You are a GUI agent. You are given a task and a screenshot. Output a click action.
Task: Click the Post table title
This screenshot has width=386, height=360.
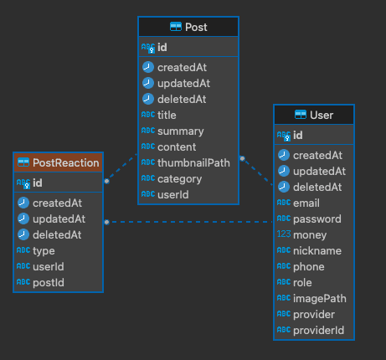pyautogui.click(x=196, y=28)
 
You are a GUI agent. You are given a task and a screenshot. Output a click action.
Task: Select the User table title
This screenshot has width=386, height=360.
pyautogui.click(x=322, y=116)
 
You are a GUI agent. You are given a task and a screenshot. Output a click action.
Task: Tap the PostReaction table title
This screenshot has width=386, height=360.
pyautogui.click(x=66, y=163)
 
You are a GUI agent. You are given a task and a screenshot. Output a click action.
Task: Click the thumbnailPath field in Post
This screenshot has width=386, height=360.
pyautogui.click(x=193, y=163)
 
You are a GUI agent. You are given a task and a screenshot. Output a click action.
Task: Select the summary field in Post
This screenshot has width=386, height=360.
pyautogui.click(x=181, y=131)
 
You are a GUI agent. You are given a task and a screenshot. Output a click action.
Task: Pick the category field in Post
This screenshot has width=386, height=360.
pyautogui.click(x=179, y=179)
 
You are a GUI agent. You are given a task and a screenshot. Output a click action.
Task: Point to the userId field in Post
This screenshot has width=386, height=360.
pyautogui.click(x=173, y=195)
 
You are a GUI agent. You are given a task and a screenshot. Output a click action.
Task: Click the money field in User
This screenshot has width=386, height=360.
pyautogui.click(x=310, y=235)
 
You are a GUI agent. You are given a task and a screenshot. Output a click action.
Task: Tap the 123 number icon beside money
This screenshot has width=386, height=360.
pyautogui.click(x=284, y=234)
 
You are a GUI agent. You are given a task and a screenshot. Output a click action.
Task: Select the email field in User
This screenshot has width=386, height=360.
pyautogui.click(x=306, y=203)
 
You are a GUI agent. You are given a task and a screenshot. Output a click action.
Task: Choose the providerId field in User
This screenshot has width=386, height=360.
pyautogui.click(x=318, y=331)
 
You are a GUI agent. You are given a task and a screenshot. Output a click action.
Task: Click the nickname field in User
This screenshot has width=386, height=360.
pyautogui.click(x=317, y=251)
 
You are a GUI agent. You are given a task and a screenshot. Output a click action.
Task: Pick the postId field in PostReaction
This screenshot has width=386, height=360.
pyautogui.click(x=49, y=283)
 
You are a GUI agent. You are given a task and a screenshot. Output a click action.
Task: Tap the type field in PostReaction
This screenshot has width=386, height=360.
pyautogui.click(x=44, y=251)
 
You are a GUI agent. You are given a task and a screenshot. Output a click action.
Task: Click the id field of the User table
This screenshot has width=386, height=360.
pyautogui.click(x=298, y=136)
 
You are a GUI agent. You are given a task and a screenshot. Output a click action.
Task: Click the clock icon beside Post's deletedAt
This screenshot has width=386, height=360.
pyautogui.click(x=148, y=99)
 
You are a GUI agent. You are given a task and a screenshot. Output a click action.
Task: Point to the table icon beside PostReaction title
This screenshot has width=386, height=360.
pyautogui.click(x=23, y=162)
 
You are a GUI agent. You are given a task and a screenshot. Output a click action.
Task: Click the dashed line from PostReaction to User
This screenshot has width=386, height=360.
pyautogui.click(x=189, y=222)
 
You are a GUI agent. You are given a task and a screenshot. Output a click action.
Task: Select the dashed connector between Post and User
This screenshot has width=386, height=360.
pyautogui.click(x=257, y=171)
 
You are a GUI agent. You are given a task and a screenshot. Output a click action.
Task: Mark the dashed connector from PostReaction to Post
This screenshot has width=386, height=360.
pyautogui.click(x=121, y=167)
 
